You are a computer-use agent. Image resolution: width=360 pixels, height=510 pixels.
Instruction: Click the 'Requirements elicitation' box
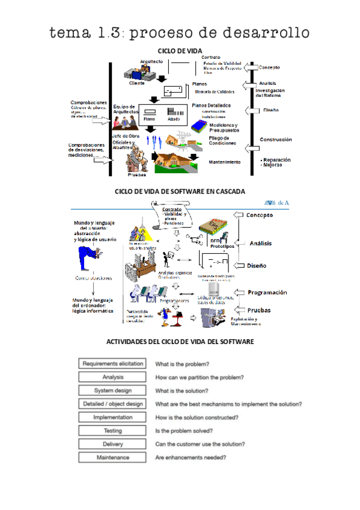[112, 364]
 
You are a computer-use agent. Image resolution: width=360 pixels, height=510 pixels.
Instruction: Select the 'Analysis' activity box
[112, 377]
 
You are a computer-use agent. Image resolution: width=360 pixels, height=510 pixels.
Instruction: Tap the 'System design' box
[112, 390]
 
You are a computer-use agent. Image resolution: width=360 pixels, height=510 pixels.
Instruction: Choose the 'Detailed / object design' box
[112, 404]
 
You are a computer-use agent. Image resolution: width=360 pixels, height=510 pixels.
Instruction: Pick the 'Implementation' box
[112, 417]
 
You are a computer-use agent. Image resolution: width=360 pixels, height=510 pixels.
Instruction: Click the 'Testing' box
[112, 431]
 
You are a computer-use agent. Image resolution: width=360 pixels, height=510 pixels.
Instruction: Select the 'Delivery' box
[112, 444]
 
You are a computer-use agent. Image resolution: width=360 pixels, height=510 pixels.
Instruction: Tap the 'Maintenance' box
[112, 458]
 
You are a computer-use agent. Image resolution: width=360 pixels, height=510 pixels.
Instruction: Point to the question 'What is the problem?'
[182, 364]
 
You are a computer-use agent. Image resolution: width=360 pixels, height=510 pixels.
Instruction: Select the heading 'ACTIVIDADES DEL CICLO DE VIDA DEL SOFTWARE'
[180, 342]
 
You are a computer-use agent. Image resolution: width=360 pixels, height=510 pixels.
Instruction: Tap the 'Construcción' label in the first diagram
[275, 140]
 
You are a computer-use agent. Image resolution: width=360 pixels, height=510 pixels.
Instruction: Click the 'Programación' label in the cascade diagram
[267, 292]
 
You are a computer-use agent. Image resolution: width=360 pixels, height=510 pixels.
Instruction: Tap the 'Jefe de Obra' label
[125, 137]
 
